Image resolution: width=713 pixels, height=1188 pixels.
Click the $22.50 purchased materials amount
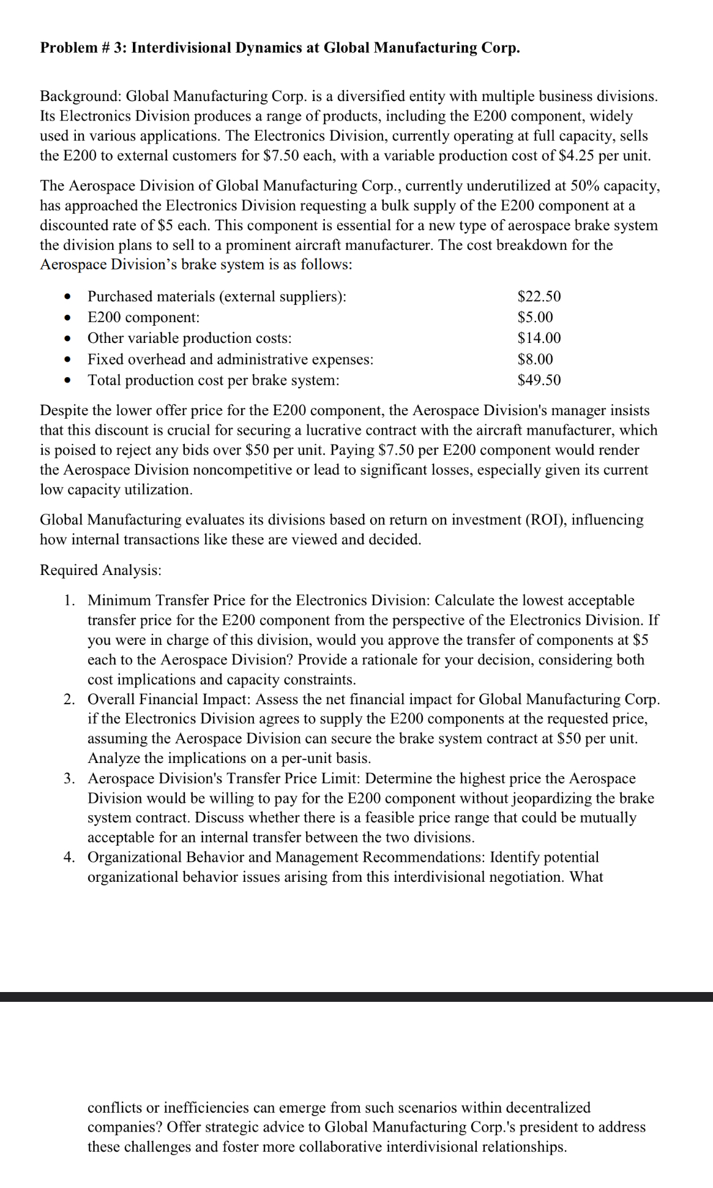coord(539,297)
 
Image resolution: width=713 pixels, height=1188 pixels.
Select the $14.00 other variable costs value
coord(539,338)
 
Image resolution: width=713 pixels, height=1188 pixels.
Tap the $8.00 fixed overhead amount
coord(535,359)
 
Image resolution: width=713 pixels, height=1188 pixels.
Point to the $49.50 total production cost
coord(539,380)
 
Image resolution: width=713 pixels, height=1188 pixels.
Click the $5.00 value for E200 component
coord(535,317)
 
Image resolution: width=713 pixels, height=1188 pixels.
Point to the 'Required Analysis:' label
coord(100,570)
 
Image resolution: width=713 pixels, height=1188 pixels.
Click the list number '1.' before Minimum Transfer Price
coord(70,600)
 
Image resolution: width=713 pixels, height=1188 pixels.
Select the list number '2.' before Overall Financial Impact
coord(70,699)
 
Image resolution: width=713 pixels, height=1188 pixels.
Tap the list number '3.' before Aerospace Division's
coord(70,778)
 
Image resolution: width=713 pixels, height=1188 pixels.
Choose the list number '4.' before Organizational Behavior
coord(70,857)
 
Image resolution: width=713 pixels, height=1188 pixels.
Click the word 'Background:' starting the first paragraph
coord(80,97)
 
